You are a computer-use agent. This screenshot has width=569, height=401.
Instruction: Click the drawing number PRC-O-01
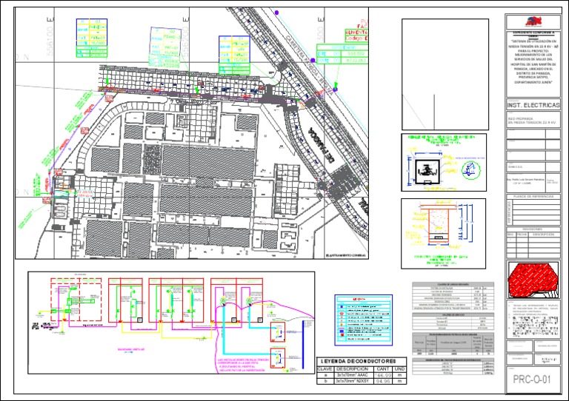tap(533, 381)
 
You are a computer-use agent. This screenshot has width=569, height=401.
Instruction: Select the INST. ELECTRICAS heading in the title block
tap(533, 105)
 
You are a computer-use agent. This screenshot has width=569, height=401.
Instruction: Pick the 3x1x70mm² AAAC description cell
tap(353, 377)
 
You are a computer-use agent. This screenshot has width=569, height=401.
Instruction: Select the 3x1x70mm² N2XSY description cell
tap(353, 384)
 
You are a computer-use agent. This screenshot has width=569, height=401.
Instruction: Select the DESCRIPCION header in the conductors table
tap(353, 368)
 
